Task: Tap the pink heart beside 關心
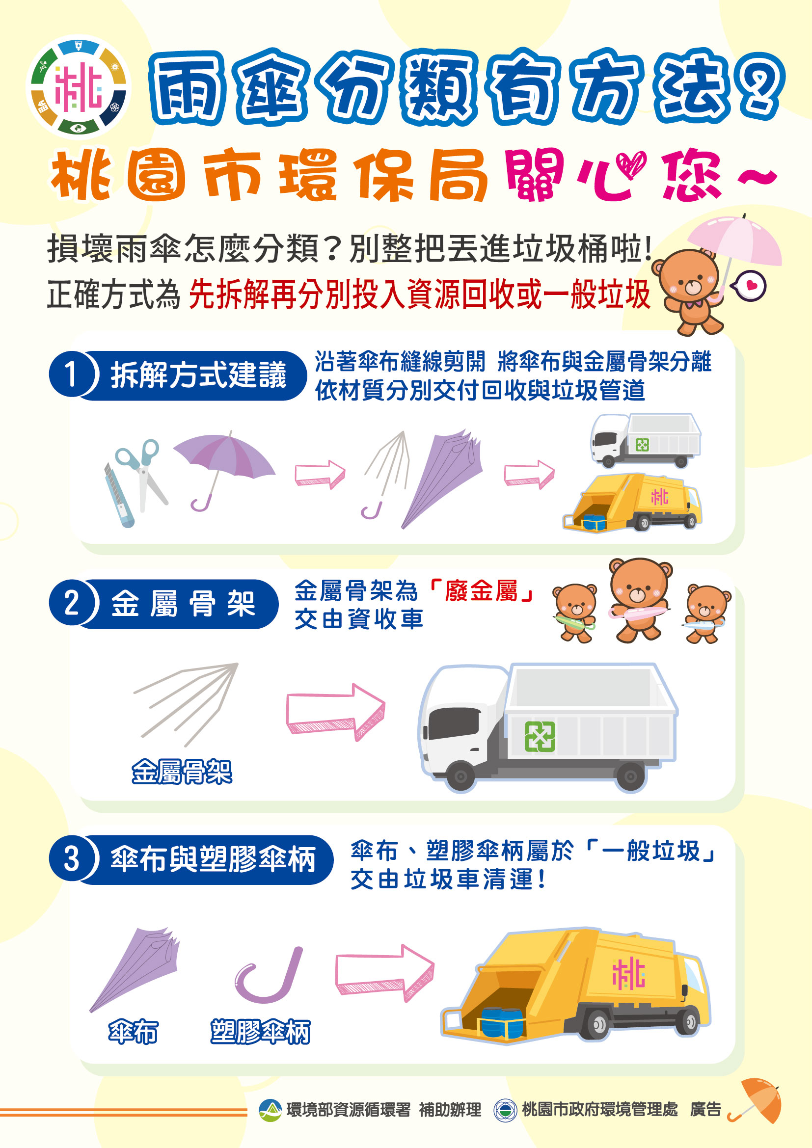pyautogui.click(x=631, y=165)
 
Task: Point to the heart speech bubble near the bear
pyautogui.click(x=749, y=286)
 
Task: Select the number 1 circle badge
pyautogui.click(x=71, y=374)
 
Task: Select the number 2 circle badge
pyautogui.click(x=71, y=603)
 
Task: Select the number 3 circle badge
pyautogui.click(x=71, y=860)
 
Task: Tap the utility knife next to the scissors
pyautogui.click(x=119, y=495)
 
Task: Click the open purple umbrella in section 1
pyautogui.click(x=224, y=470)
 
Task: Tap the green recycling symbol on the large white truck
pyautogui.click(x=540, y=737)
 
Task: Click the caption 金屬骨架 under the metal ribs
pyautogui.click(x=182, y=771)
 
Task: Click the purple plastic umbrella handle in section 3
pyautogui.click(x=269, y=975)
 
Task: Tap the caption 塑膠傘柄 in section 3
pyautogui.click(x=260, y=1032)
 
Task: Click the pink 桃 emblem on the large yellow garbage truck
pyautogui.click(x=629, y=973)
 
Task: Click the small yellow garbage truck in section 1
pyautogui.click(x=632, y=503)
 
